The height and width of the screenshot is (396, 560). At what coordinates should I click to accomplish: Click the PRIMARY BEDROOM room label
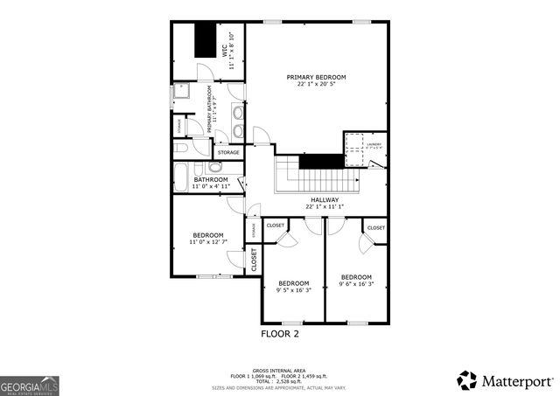click(x=316, y=77)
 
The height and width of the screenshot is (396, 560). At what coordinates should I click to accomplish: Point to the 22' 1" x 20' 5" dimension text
click(x=316, y=84)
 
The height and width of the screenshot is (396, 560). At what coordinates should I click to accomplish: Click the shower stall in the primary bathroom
click(x=182, y=92)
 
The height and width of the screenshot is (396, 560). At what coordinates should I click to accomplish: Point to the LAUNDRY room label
click(x=374, y=144)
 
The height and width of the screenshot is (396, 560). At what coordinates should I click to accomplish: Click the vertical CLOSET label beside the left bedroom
click(x=255, y=260)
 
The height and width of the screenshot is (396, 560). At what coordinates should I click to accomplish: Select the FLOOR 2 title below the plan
click(x=280, y=334)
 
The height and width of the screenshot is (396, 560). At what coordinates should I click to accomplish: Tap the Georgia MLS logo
click(x=30, y=384)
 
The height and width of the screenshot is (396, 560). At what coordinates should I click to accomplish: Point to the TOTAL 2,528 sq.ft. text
click(x=281, y=380)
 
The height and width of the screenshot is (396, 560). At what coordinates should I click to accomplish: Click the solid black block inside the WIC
click(x=204, y=40)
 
